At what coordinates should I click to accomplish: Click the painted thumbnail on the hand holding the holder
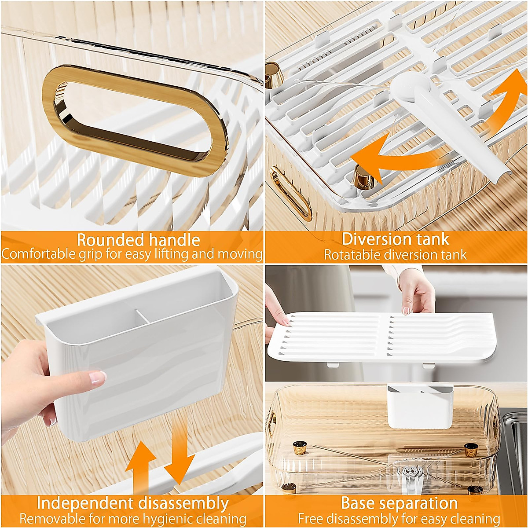[x=97, y=378]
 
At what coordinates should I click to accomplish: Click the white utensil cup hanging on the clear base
[x=420, y=407]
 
